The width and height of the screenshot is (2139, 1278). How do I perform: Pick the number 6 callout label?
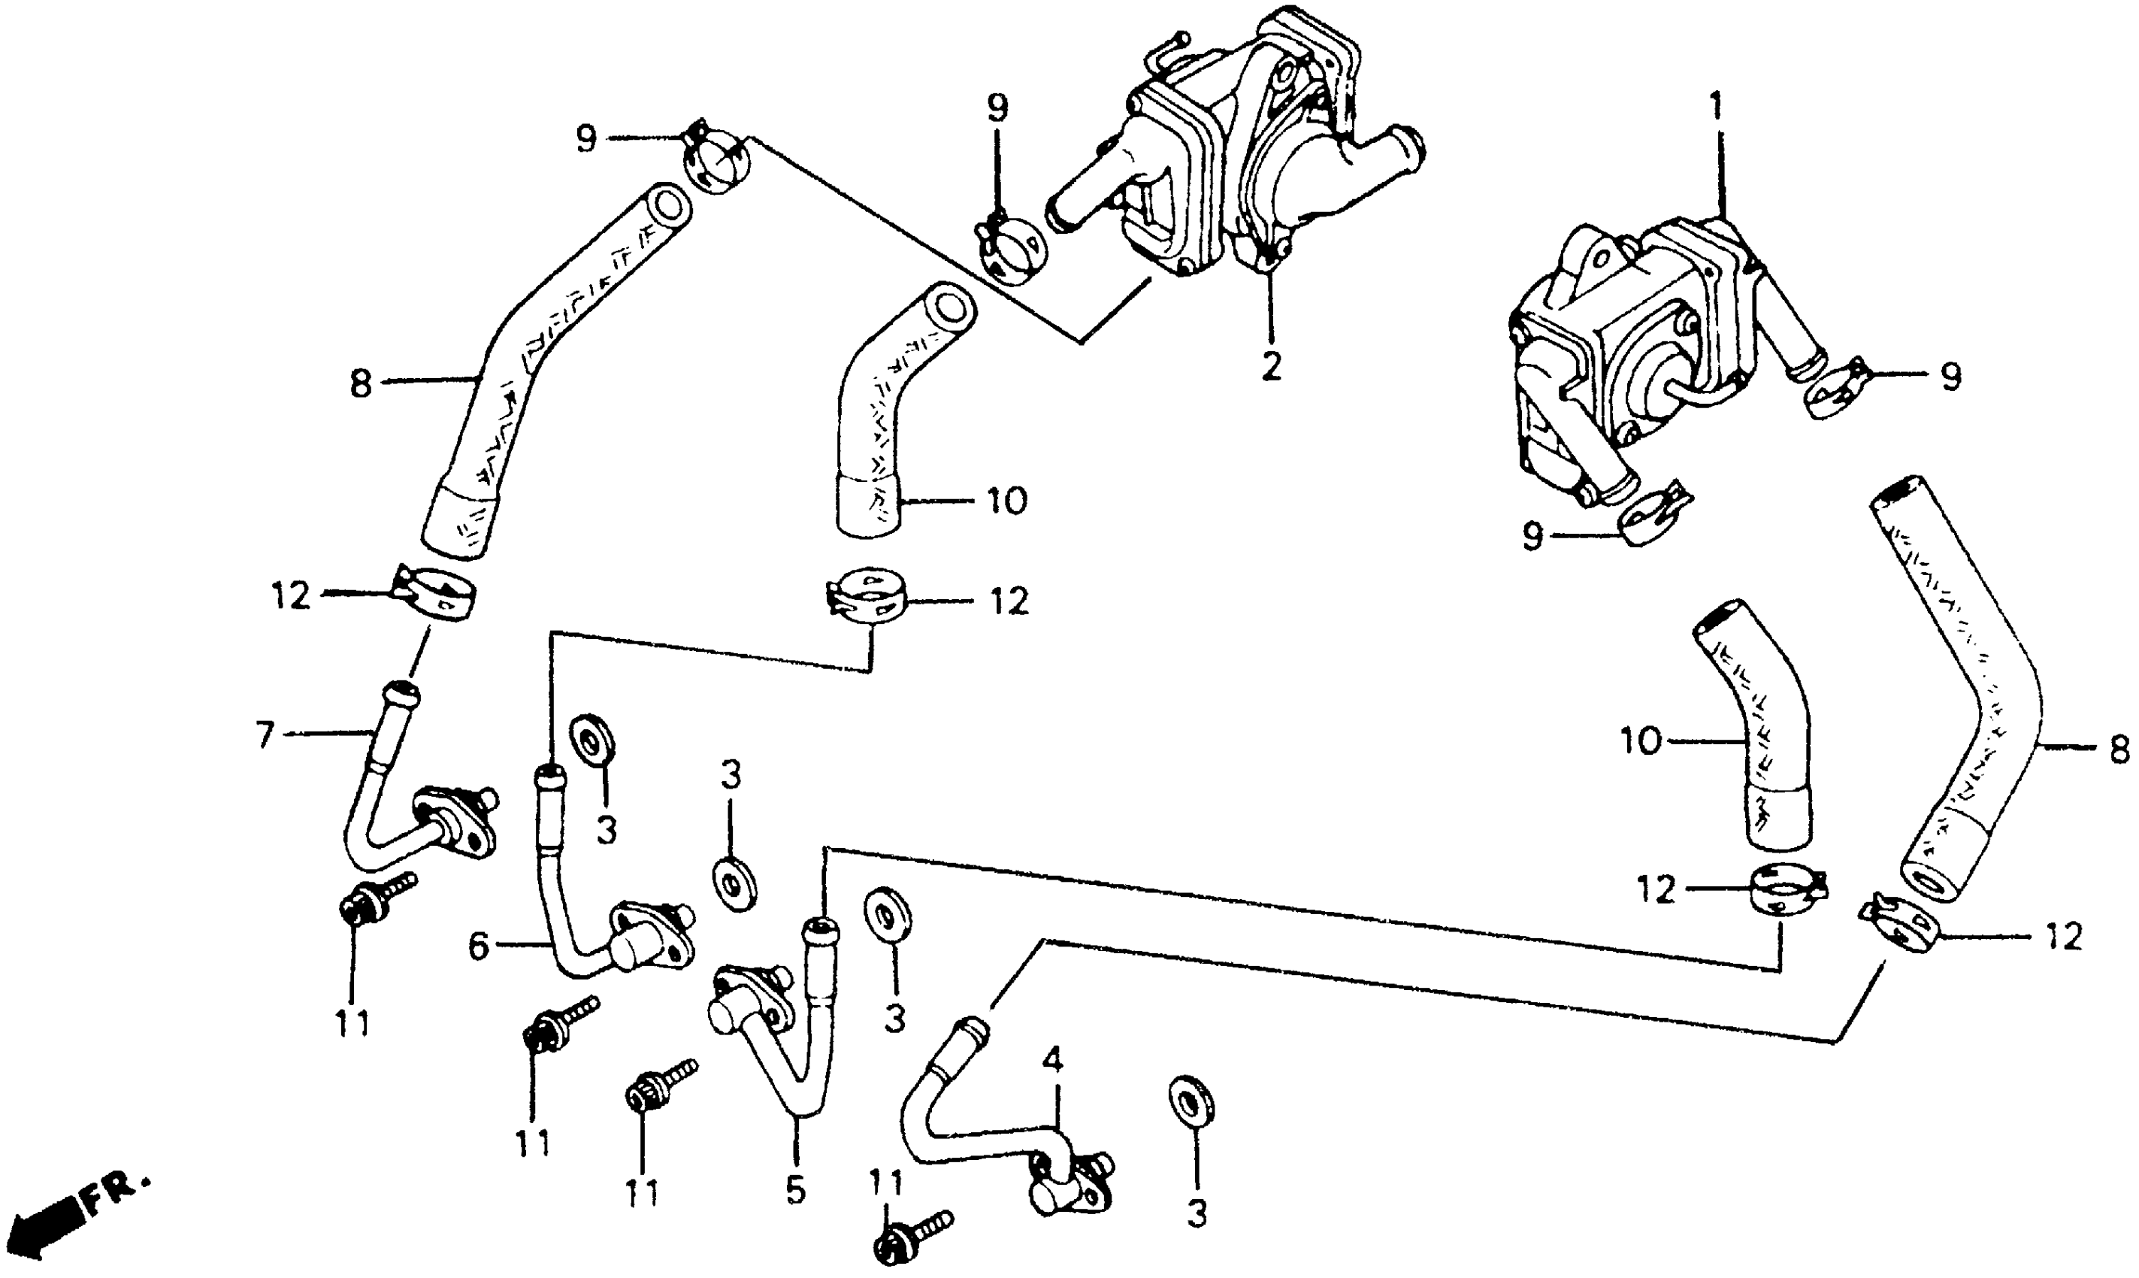pyautogui.click(x=479, y=947)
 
